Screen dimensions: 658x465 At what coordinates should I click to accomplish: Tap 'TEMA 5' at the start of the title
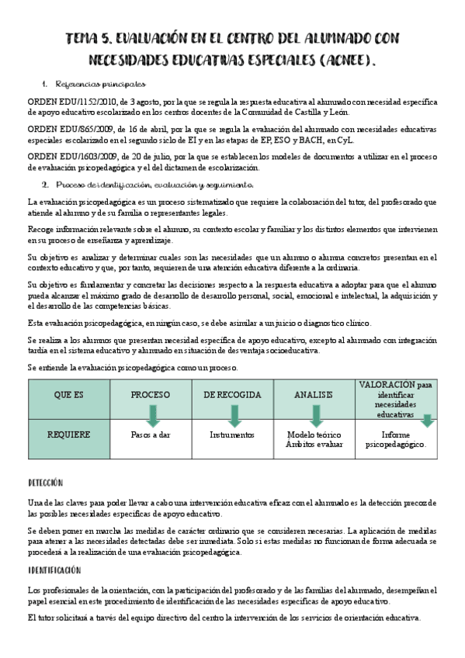tap(90, 38)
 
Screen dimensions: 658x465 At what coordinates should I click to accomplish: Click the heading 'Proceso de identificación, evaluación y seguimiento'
tap(159, 185)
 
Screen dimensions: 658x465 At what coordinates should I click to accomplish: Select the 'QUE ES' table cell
tap(68, 395)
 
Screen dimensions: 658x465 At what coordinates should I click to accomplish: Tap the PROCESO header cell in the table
tap(150, 395)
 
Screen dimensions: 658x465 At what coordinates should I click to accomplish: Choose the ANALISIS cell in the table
tap(313, 395)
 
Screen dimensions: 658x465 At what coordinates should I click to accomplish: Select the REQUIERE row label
tap(68, 435)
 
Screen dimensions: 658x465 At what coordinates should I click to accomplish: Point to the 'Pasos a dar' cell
tap(150, 435)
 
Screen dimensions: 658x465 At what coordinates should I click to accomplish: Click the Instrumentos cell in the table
tap(231, 435)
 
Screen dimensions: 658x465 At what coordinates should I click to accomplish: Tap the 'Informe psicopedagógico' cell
tap(395, 440)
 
